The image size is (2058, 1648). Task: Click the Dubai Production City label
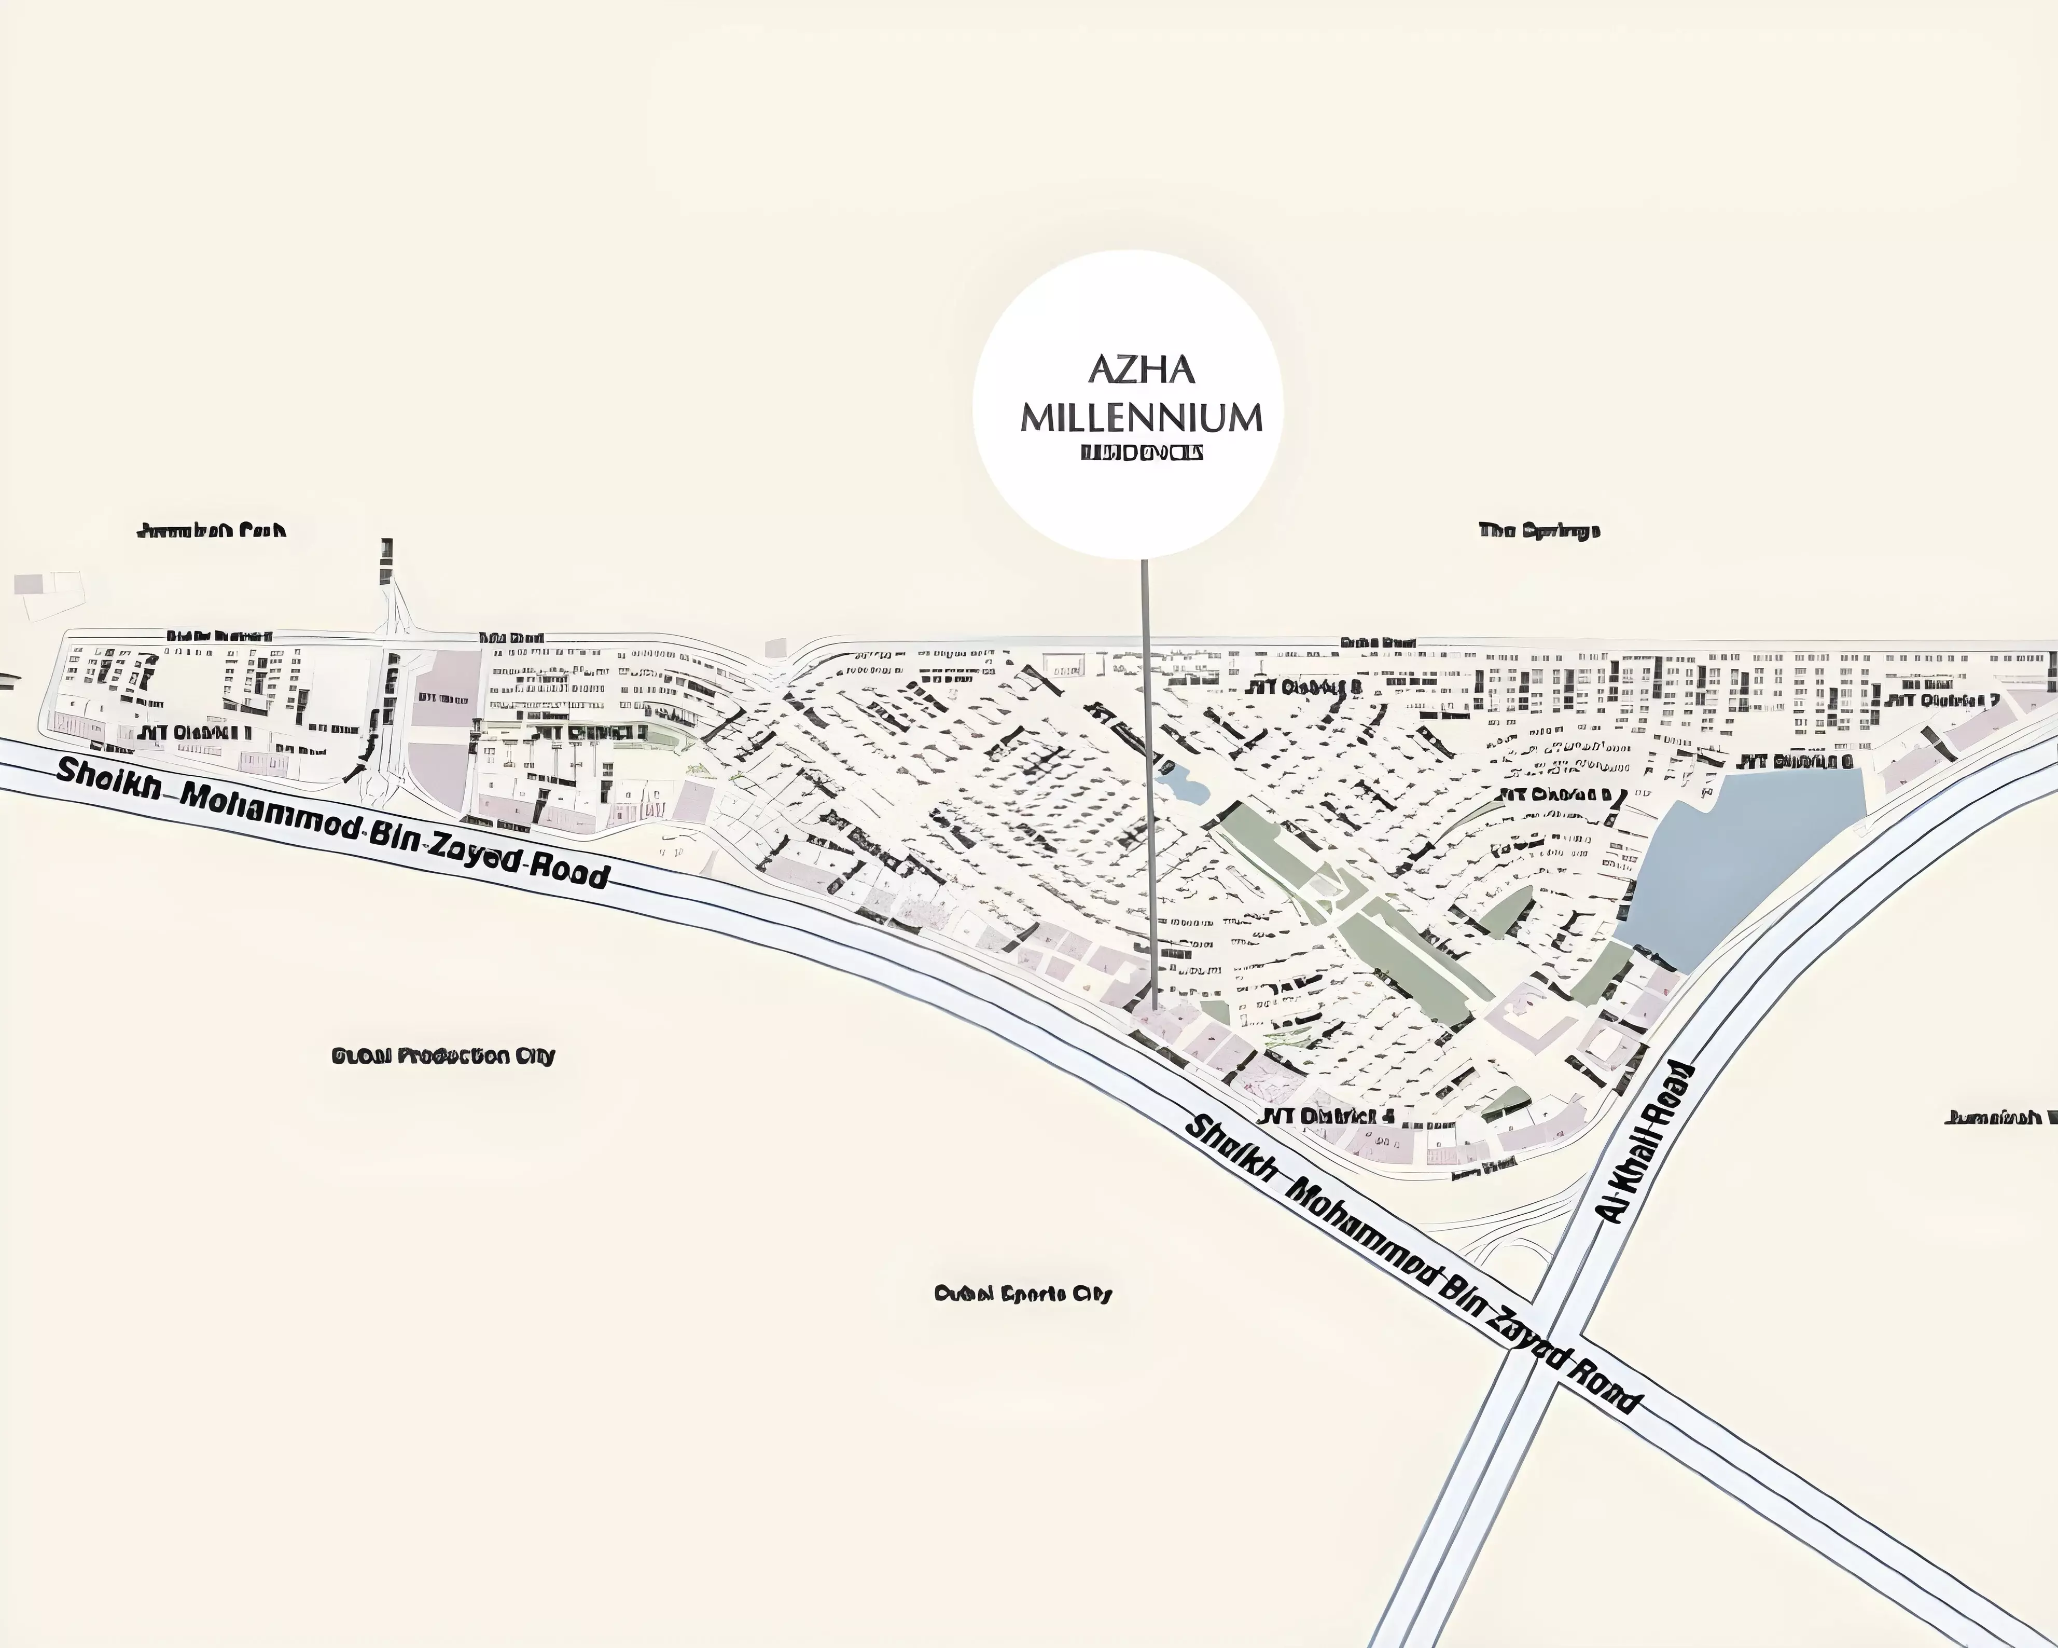click(x=443, y=1056)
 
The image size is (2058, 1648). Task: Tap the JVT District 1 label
click(x=196, y=732)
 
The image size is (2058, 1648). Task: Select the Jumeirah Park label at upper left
click(x=212, y=530)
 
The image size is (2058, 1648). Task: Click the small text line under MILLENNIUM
click(x=1141, y=452)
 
